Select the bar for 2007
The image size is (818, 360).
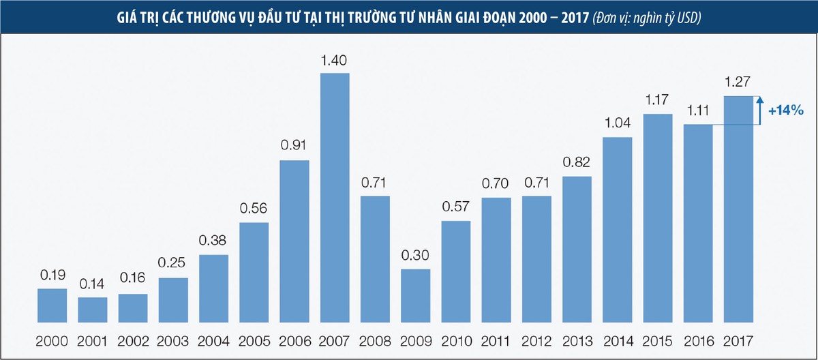335,198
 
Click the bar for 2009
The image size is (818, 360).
415,295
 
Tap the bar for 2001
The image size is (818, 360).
93,310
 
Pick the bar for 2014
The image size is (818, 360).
617,230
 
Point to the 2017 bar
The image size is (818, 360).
738,209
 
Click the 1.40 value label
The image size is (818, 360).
335,61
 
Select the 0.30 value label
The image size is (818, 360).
415,257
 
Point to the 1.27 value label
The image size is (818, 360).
738,84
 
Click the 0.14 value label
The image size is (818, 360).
93,285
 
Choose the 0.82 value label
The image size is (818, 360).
577,164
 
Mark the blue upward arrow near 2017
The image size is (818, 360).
759,110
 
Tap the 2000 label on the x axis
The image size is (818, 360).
52,341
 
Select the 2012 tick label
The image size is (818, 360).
536,341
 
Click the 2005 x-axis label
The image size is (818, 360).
254,341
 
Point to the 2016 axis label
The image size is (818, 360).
698,341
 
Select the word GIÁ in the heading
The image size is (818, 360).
127,16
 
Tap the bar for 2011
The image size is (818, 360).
496,260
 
